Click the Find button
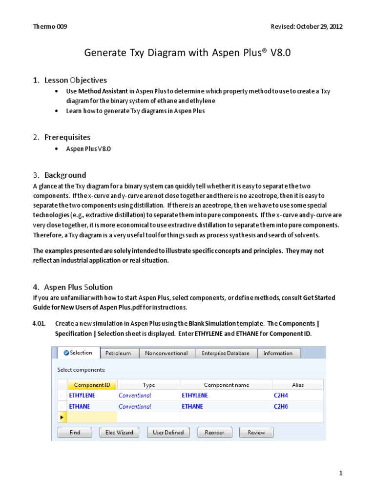[75, 432]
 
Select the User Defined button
[168, 432]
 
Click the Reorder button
[214, 432]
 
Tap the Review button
[256, 432]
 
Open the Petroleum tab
[119, 353]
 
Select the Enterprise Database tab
[226, 353]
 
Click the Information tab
[278, 353]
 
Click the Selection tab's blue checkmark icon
[66, 353]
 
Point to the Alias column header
[297, 385]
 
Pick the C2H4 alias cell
[281, 396]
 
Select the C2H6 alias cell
[281, 406]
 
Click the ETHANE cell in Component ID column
[80, 406]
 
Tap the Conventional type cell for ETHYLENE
[135, 396]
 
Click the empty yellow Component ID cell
[92, 417]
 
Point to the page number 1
[341, 473]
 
